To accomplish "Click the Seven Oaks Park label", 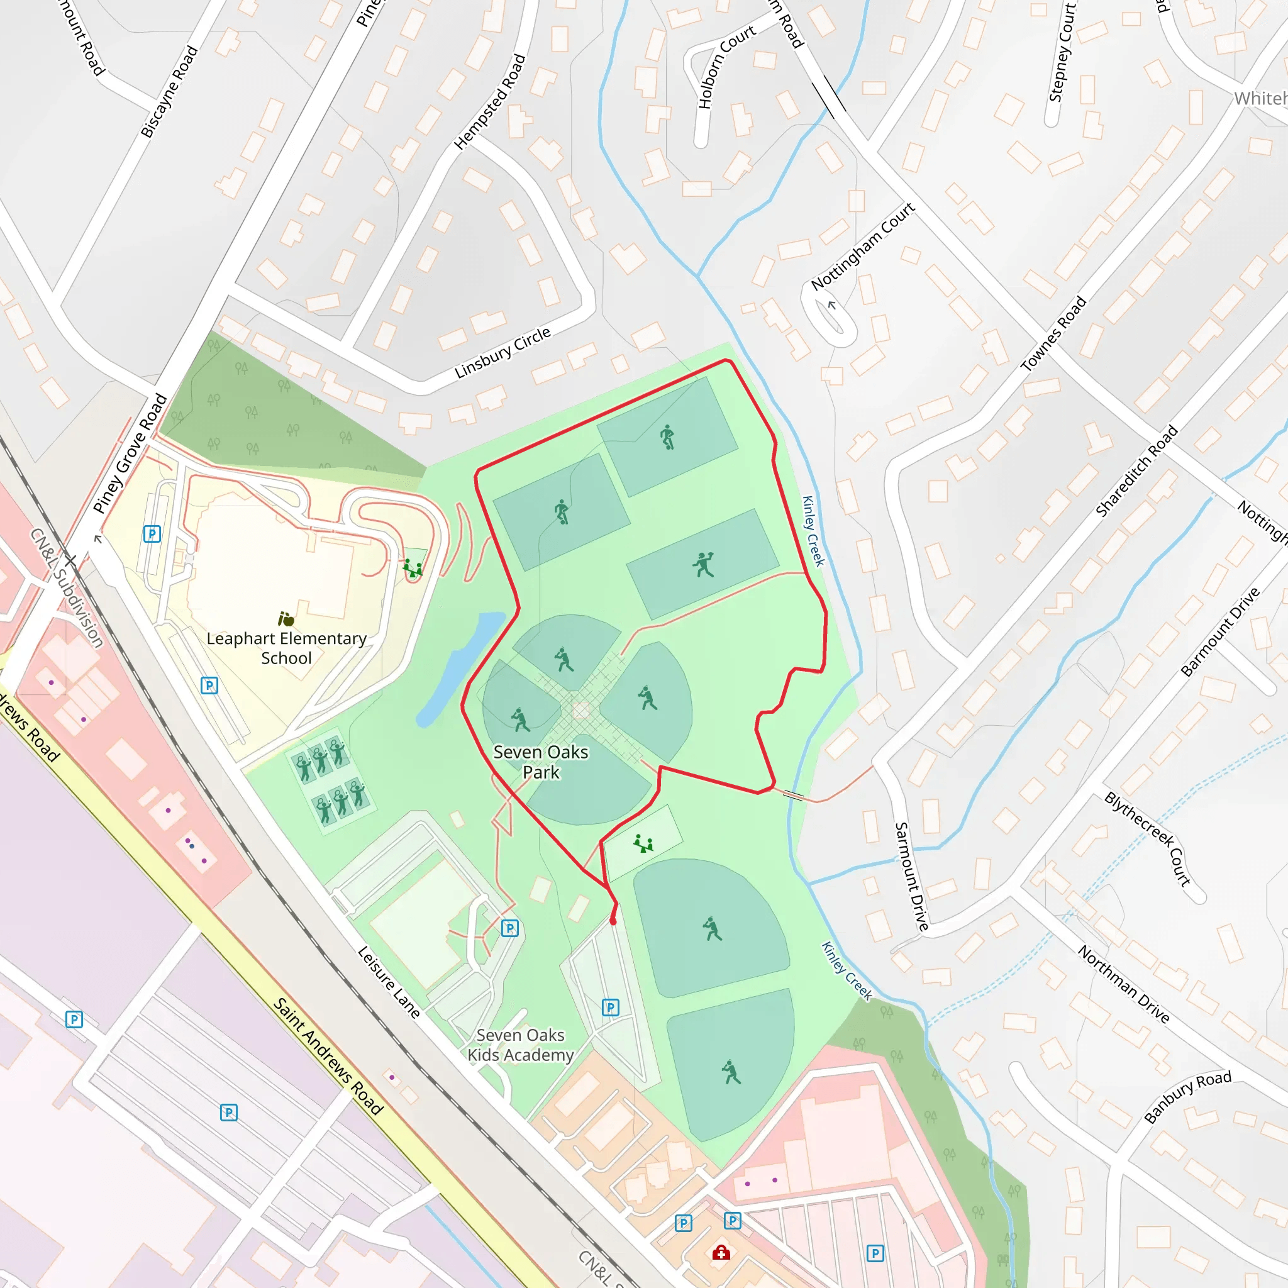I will click(541, 762).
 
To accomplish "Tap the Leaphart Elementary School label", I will click(287, 648).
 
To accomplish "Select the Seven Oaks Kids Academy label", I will click(520, 1045).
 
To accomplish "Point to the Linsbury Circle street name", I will click(502, 353).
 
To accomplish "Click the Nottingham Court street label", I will click(863, 246).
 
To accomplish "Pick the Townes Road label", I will click(1053, 333).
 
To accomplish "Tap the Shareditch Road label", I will click(1136, 470).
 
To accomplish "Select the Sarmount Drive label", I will click(911, 876).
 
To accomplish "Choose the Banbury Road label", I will click(1187, 1097).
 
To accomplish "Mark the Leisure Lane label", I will click(389, 982).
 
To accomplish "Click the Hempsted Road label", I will click(490, 101).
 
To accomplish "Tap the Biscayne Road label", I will click(169, 91).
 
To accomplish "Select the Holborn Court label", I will click(726, 67).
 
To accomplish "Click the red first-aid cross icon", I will click(721, 1253).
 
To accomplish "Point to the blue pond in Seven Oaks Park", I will click(460, 667).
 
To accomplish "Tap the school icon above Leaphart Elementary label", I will click(286, 619).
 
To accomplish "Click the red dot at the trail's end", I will click(613, 921).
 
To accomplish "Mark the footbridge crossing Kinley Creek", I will click(792, 795).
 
